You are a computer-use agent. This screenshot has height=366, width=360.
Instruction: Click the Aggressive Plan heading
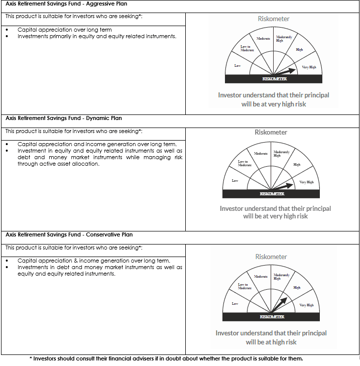point(66,4)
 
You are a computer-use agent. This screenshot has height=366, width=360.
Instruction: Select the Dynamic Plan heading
point(64,118)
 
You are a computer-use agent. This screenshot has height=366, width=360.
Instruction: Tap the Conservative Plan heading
point(69,234)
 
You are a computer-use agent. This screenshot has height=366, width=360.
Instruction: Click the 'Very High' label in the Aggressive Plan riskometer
point(309,67)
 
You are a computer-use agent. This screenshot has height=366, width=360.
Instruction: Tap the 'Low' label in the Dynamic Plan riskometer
point(235,181)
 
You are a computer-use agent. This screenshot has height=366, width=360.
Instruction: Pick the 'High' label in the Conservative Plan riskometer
point(297,288)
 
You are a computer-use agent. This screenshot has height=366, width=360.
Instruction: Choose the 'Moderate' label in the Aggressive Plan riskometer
point(263,39)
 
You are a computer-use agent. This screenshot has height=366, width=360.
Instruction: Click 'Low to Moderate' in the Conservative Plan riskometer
point(244,286)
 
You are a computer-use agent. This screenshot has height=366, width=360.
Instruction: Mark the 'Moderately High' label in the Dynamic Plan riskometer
point(281,154)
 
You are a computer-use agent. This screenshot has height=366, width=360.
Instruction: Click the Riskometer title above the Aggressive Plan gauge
point(273,19)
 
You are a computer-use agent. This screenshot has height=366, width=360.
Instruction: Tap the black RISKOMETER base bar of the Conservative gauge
point(272,317)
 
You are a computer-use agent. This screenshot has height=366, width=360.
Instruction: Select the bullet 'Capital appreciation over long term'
point(65,30)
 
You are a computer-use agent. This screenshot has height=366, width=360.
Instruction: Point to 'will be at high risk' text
point(271,342)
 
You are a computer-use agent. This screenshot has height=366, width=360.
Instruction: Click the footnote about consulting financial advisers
point(166,358)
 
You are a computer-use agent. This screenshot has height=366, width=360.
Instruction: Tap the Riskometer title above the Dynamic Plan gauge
point(271,133)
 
